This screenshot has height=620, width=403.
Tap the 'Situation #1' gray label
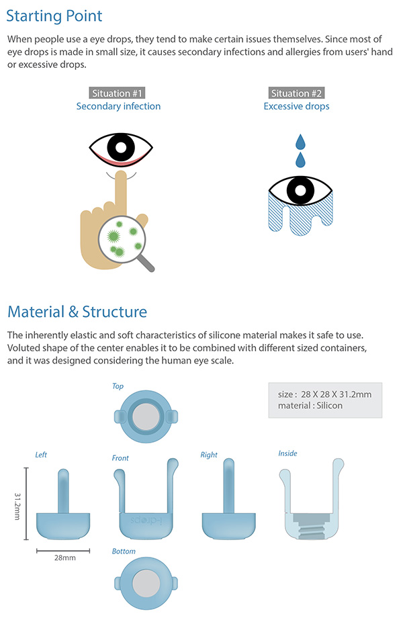[118, 93]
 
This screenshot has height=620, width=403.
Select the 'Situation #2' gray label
[296, 93]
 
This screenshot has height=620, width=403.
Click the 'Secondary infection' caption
[118, 106]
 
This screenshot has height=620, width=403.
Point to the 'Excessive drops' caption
[296, 106]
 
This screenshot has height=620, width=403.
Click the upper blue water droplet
[299, 142]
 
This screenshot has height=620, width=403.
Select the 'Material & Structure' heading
[77, 312]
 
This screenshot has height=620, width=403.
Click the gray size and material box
[324, 400]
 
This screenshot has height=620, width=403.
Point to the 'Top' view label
[118, 386]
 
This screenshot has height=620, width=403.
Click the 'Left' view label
[41, 455]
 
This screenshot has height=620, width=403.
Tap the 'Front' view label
[120, 458]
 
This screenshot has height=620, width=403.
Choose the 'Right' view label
[209, 455]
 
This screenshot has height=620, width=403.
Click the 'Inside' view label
[287, 453]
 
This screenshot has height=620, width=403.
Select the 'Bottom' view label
[124, 551]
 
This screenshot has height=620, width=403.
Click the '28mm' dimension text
[64, 558]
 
